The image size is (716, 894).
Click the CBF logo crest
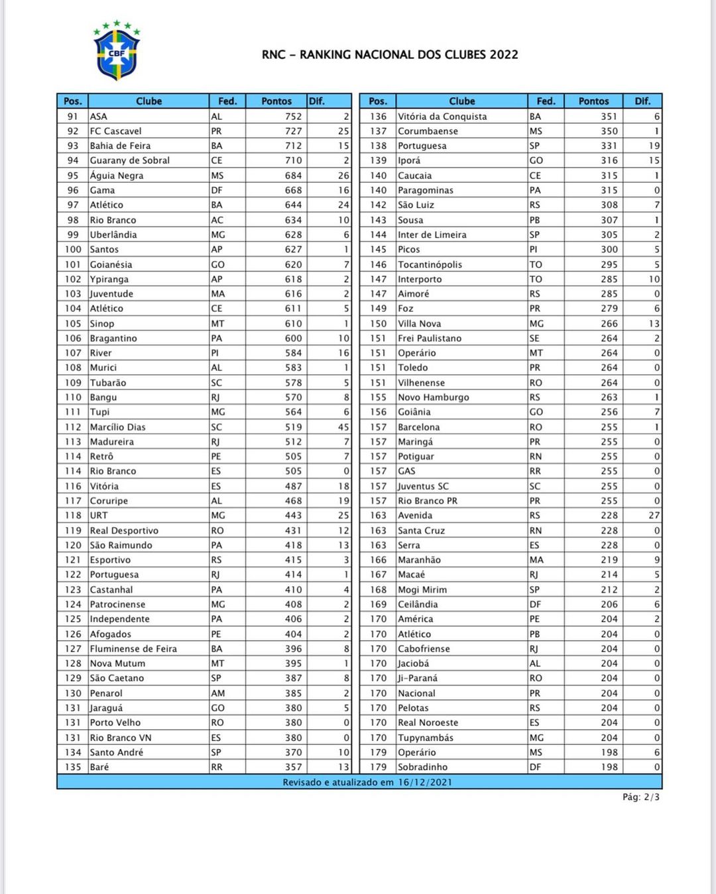(117, 52)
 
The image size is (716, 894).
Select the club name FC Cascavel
(115, 131)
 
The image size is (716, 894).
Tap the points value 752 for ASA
(293, 117)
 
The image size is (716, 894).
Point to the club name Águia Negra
(117, 175)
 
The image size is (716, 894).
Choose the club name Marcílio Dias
(117, 427)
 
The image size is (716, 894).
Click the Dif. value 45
(343, 427)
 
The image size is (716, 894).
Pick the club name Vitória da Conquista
(442, 117)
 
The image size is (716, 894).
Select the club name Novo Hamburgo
(433, 397)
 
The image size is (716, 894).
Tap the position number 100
(73, 250)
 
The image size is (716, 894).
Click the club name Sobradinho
(422, 767)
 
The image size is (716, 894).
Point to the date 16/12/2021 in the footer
(425, 782)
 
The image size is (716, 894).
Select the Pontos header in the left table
(276, 101)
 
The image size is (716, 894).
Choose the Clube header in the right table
(461, 101)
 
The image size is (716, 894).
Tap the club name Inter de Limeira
(432, 234)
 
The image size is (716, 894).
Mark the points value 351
(609, 117)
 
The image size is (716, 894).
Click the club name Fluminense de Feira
(133, 649)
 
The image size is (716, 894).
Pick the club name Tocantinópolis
(430, 264)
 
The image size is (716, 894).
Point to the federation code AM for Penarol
(217, 693)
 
